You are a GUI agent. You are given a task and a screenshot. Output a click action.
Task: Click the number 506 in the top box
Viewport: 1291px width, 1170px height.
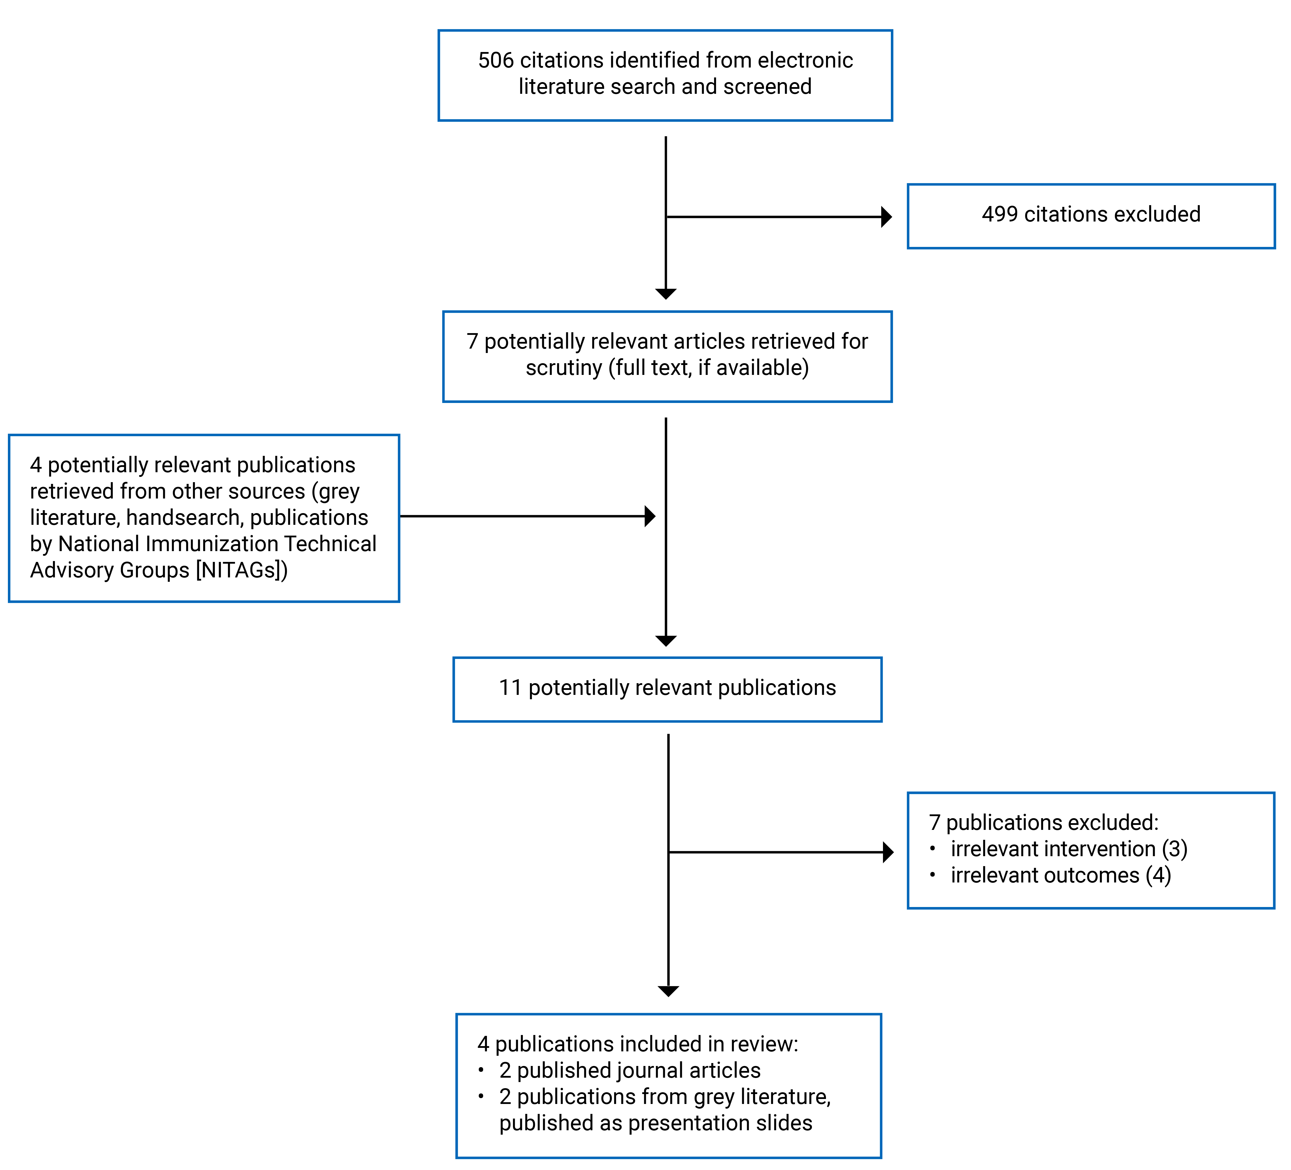click(x=496, y=60)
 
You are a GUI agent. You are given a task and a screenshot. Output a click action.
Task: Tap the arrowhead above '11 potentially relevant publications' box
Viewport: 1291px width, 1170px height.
click(x=666, y=641)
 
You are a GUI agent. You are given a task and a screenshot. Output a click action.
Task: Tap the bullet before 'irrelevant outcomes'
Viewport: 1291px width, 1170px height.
click(x=932, y=875)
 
